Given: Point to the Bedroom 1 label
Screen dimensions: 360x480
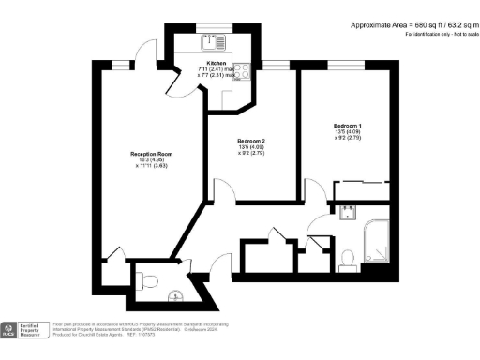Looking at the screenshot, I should (348, 125).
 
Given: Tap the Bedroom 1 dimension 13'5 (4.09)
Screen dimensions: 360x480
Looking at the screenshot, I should (348, 132).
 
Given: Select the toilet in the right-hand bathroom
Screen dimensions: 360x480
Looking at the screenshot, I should (346, 256).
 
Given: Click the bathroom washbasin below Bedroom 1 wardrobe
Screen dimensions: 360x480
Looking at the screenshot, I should (347, 211).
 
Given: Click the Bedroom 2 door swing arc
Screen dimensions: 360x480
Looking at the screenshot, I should (223, 192).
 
